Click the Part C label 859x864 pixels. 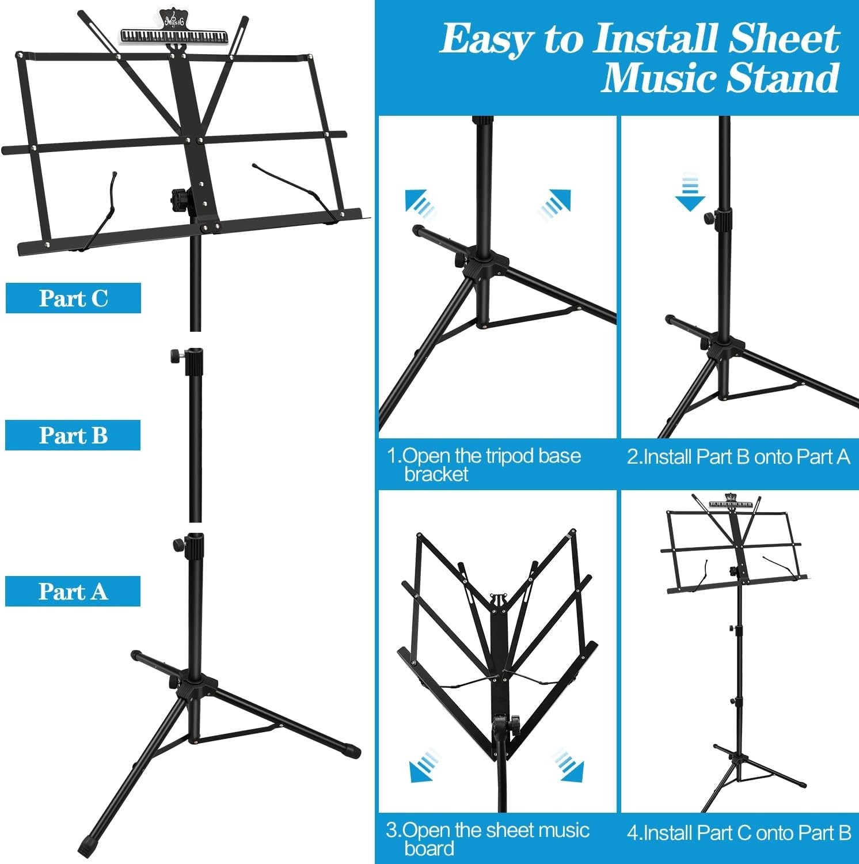pyautogui.click(x=73, y=298)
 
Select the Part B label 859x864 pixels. pyautogui.click(x=73, y=435)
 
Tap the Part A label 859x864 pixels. pyautogui.click(x=73, y=592)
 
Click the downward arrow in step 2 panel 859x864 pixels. pyautogui.click(x=690, y=194)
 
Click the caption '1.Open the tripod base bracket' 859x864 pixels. pyautogui.click(x=484, y=464)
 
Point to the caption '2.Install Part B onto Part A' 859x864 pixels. pyautogui.click(x=738, y=457)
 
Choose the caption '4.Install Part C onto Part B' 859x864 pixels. pyautogui.click(x=739, y=832)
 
